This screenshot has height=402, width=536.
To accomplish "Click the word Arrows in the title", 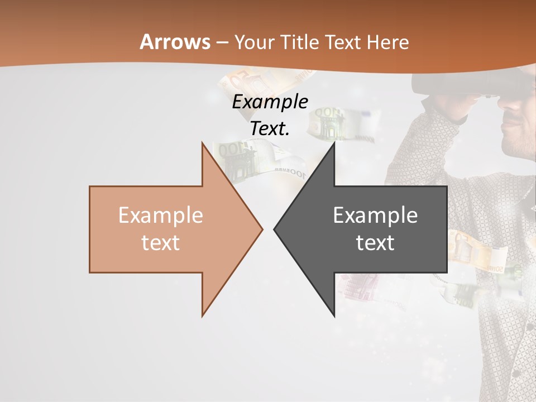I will pos(175,42).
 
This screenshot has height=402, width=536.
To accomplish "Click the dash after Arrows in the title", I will pos(222,42).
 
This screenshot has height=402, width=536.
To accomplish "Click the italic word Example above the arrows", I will pos(270,102).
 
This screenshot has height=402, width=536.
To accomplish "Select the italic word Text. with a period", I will pos(270,128).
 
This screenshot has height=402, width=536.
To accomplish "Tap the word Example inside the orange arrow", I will pos(160,215).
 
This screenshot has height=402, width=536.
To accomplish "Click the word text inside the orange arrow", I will pos(160,243).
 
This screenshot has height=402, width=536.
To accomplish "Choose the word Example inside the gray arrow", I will pos(375,215).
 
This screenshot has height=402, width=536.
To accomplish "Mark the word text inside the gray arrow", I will pos(375,243).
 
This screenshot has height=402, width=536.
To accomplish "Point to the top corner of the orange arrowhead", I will pos(203,143).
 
